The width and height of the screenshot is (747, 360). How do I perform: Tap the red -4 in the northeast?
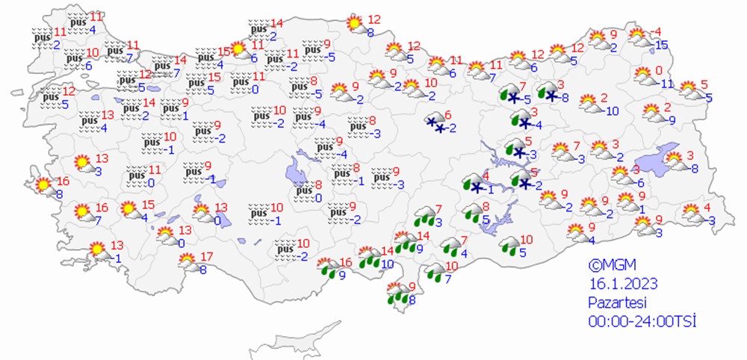tap(657, 32)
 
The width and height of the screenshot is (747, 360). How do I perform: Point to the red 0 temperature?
tap(659, 71)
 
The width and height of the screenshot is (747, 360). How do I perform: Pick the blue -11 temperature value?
tap(666, 84)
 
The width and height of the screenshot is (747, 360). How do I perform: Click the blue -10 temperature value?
tap(611, 111)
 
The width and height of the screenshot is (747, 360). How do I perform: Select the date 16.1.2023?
tap(617, 283)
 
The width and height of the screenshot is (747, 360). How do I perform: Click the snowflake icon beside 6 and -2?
tap(435, 122)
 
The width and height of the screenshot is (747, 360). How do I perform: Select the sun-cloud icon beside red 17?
tap(187, 261)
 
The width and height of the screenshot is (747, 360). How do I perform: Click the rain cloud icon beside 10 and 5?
tap(510, 245)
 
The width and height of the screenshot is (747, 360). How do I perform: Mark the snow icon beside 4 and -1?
tap(472, 183)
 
